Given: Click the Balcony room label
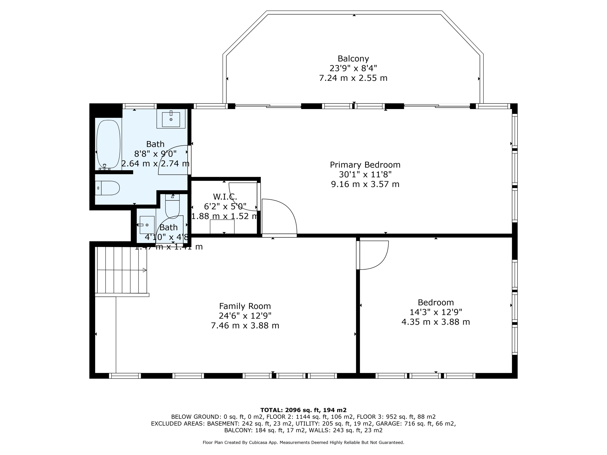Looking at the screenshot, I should (x=353, y=59).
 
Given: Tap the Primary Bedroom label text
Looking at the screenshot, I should (x=365, y=165).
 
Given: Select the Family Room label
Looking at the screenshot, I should (x=245, y=306).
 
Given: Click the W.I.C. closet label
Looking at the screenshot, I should (x=225, y=197).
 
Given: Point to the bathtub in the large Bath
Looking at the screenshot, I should (x=108, y=144).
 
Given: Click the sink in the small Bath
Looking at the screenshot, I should (x=147, y=225).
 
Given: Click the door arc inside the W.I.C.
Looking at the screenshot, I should (x=242, y=197).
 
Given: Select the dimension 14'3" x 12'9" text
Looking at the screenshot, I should (x=436, y=312).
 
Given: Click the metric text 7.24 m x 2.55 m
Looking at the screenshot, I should (x=353, y=78).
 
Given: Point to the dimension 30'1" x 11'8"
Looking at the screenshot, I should (x=365, y=174).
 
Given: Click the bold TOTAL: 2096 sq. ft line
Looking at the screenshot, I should (x=303, y=410).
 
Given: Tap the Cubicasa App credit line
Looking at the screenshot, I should (x=303, y=443).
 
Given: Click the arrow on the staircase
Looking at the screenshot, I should (x=145, y=270).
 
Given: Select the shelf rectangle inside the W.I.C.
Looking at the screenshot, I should (x=222, y=227).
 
